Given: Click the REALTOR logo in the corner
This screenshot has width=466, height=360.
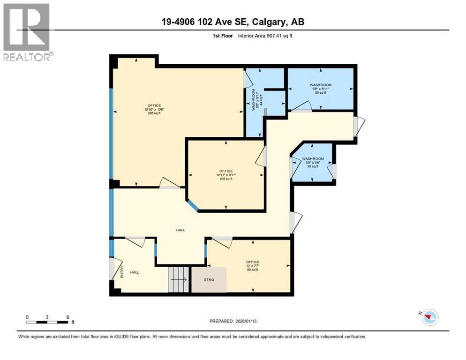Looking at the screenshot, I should tap(27, 32).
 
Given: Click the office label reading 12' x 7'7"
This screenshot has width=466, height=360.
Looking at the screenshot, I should tap(252, 266).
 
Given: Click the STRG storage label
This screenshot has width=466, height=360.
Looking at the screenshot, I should tap(209, 280).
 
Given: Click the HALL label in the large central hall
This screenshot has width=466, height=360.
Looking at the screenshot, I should tap(180, 230).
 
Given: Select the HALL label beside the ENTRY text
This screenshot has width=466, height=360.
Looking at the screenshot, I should tap(135, 272).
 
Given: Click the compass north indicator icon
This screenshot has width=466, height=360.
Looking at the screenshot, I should tap(429, 317).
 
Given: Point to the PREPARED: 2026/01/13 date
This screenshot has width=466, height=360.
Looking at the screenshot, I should tap(234, 321).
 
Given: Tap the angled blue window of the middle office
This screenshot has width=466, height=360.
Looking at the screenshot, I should tap(193, 205).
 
